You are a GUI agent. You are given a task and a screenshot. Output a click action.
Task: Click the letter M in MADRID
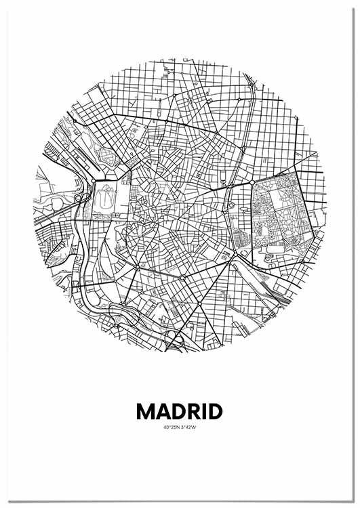146,411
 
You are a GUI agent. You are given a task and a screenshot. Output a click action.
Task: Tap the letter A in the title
164,411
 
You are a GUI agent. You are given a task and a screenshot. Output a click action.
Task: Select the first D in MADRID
180,411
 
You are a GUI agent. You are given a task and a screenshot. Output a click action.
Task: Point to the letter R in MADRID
195,411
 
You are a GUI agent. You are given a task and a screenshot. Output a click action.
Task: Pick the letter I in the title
206,411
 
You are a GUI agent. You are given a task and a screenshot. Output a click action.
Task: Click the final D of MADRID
216,411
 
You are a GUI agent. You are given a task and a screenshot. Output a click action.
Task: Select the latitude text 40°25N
171,427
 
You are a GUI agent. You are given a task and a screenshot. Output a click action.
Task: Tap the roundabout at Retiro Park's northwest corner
252,183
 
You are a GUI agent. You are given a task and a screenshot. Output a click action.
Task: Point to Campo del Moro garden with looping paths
103,200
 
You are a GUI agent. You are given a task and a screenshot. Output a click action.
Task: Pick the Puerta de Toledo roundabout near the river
136,269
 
